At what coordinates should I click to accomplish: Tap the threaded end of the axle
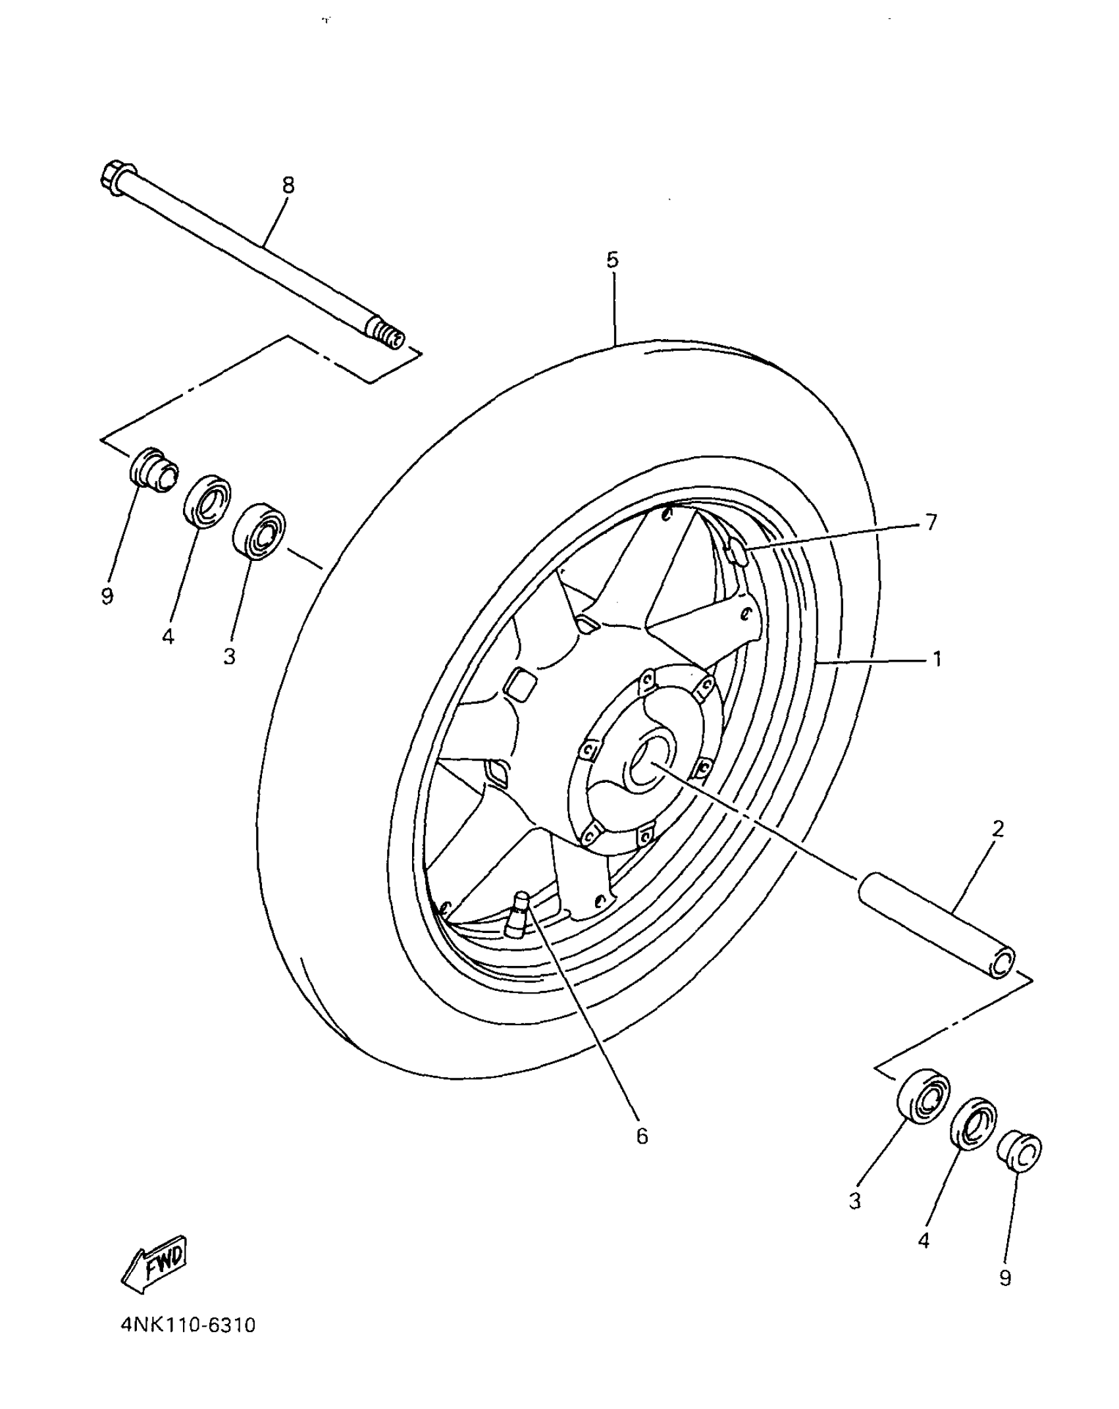click(x=388, y=335)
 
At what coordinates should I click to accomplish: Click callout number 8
click(x=288, y=186)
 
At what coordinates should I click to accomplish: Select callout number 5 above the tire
click(x=612, y=260)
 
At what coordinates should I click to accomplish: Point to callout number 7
click(x=931, y=522)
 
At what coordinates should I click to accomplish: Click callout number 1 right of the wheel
click(x=937, y=658)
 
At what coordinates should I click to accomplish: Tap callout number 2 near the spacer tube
click(x=998, y=829)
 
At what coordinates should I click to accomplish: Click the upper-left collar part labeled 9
click(x=153, y=468)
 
